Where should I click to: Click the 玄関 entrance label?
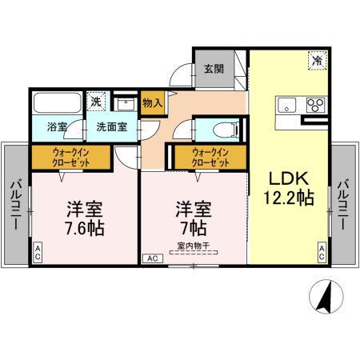pos(214,70)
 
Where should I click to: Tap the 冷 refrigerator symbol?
pos(318,61)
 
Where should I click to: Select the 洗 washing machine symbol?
pos(96,102)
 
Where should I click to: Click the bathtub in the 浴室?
pos(58,102)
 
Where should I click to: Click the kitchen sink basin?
pos(286,105)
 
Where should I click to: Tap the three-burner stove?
pos(316,105)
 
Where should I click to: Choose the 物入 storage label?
pos(153,102)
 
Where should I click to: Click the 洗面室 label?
pos(112,127)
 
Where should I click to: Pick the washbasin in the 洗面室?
pos(125,104)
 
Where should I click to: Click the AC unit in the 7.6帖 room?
pos(38,252)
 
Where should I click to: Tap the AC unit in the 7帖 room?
pos(153,258)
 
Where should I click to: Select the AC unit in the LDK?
pos(322,252)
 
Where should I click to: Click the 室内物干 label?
pos(193,246)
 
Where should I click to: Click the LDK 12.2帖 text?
pos(289,188)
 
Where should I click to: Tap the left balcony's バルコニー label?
pos(16,205)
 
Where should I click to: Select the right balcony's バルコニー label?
pos(343,205)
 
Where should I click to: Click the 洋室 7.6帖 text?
pos(85,219)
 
